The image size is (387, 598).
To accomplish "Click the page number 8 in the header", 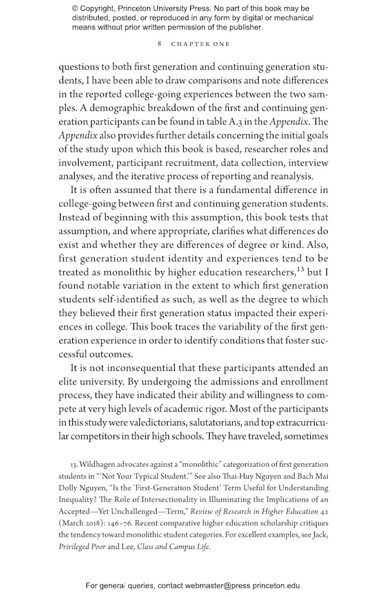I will click(159, 44).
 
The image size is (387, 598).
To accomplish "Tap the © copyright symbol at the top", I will click(75, 8).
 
